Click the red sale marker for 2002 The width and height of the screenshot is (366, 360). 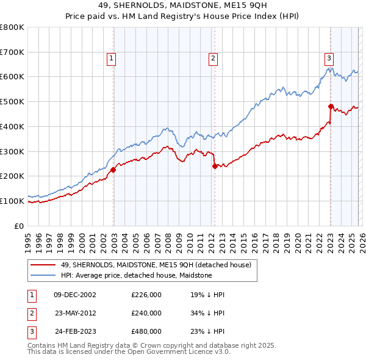[x=113, y=170]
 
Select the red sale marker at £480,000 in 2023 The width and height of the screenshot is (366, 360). [x=330, y=106]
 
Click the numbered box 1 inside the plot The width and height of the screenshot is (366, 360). [x=112, y=59]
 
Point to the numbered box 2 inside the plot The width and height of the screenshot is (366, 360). [x=213, y=59]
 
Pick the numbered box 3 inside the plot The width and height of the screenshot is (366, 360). [x=329, y=59]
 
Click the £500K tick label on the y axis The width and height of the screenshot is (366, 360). [x=12, y=101]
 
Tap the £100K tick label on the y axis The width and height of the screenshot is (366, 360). [x=12, y=201]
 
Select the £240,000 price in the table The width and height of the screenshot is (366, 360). [x=146, y=313]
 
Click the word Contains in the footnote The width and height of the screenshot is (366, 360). [x=43, y=345]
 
